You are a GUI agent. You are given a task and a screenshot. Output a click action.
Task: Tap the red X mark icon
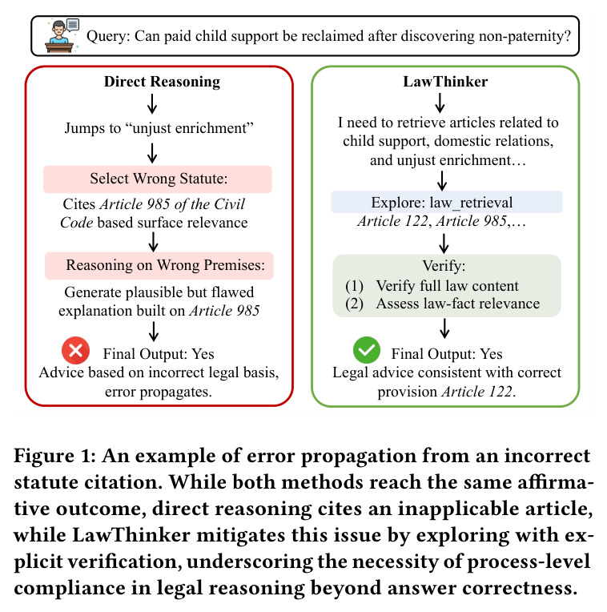(x=76, y=350)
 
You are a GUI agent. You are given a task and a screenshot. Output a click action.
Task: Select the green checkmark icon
(x=367, y=350)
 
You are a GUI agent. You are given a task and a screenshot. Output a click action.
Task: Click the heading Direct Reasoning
(x=162, y=82)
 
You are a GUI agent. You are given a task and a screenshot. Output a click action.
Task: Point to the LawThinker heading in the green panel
(x=445, y=82)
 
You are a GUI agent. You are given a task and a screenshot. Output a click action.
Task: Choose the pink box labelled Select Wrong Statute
(x=158, y=179)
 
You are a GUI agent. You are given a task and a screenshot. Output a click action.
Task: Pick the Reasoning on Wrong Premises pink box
(x=159, y=266)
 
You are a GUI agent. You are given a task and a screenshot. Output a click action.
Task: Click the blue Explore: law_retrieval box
(x=447, y=202)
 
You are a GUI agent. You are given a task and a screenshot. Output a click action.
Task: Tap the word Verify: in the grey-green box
(x=444, y=266)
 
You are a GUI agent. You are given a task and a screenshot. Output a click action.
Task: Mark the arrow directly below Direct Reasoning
(x=152, y=103)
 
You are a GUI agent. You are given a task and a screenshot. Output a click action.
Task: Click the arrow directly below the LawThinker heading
(x=440, y=103)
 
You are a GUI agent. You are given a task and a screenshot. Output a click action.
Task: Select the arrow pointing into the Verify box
(x=444, y=244)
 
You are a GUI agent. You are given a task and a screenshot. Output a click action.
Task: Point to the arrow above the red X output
(x=154, y=332)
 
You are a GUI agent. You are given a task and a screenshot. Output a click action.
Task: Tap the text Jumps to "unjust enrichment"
(x=159, y=128)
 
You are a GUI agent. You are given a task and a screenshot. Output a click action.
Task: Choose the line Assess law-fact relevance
(x=458, y=304)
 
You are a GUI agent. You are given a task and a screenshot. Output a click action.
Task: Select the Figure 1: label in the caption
(x=55, y=457)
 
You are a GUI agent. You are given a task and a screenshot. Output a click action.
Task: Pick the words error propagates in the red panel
(x=159, y=392)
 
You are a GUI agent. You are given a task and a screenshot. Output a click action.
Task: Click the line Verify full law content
(x=448, y=286)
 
